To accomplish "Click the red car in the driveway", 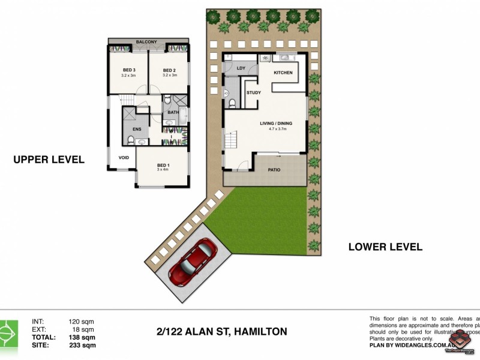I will (x=193, y=262).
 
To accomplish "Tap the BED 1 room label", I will (x=163, y=165).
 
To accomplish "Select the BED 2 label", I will (x=169, y=70).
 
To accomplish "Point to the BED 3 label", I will (x=128, y=70).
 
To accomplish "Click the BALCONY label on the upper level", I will (x=146, y=41).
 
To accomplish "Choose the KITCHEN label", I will (x=283, y=73).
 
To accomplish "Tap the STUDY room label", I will (x=253, y=92).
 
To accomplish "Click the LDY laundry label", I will (x=241, y=68).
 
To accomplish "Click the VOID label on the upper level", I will (x=124, y=158).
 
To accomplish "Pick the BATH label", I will (x=173, y=112).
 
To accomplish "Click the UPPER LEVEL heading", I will (x=49, y=160).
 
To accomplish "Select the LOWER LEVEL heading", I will (x=385, y=247).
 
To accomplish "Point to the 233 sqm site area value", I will (x=82, y=345).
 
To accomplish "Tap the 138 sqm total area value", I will (x=82, y=337).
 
